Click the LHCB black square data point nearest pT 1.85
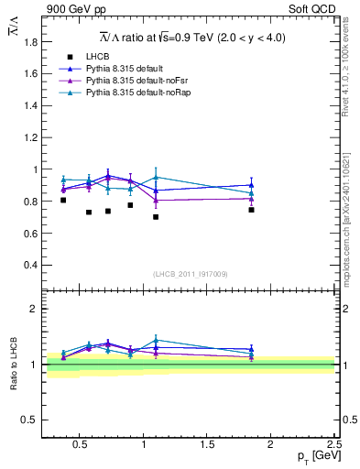click(251, 210)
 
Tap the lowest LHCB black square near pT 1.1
click(156, 217)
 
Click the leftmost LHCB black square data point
click(63, 200)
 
